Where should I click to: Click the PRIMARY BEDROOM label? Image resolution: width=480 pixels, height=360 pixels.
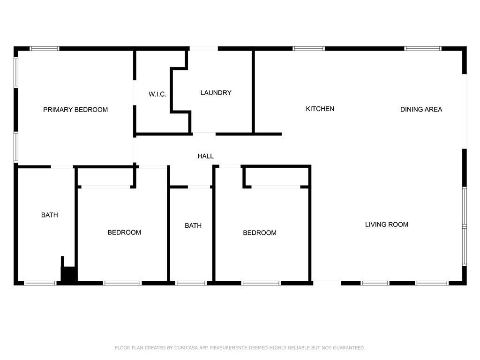(75, 110)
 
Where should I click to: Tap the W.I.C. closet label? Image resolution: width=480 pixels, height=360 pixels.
(157, 94)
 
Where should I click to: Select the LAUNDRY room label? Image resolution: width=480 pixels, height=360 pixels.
(216, 93)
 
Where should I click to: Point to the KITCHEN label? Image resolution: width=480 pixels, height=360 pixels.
(320, 109)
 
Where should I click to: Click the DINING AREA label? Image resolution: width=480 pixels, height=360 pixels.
(421, 110)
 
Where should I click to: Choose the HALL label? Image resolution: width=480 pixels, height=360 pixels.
(205, 156)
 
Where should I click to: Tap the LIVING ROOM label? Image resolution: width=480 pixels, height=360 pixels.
(386, 225)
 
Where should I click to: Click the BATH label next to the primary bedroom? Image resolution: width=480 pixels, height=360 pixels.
(50, 215)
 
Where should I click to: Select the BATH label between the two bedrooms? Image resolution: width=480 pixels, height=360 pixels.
(193, 226)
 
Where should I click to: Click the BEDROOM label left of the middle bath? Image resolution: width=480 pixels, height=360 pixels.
(124, 232)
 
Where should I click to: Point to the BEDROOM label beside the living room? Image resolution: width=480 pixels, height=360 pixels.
(260, 233)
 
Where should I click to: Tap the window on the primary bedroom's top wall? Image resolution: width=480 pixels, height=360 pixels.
(45, 48)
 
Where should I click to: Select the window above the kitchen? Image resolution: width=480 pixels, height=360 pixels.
(308, 48)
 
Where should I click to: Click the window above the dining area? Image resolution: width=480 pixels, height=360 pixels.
(423, 48)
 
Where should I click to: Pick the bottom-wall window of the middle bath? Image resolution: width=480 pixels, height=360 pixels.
(191, 283)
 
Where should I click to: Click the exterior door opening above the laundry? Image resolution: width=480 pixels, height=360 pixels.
(203, 48)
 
